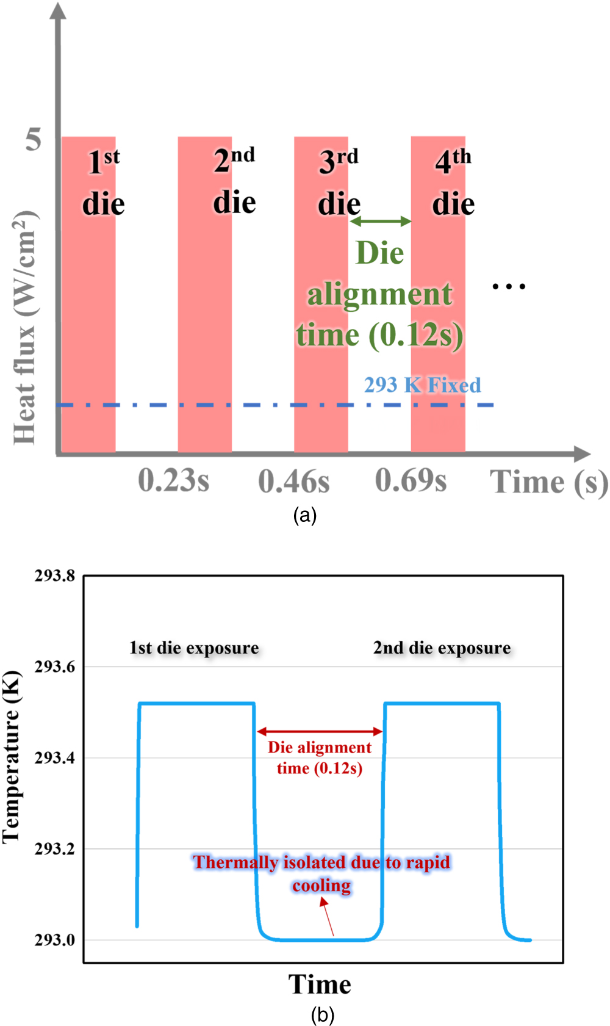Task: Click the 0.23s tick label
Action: (173, 480)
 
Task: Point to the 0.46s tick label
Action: (293, 481)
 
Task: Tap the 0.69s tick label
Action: (411, 480)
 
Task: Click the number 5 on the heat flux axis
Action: (34, 139)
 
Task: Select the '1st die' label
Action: (104, 183)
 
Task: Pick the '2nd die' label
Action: (234, 181)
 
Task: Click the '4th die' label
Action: (453, 183)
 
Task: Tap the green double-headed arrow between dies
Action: (381, 221)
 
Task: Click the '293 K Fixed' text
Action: (422, 385)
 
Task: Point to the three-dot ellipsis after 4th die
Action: (509, 286)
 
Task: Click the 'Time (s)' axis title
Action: (548, 482)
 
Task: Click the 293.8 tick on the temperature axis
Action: (55, 576)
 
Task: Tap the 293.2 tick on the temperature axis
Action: (55, 848)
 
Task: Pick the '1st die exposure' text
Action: (194, 648)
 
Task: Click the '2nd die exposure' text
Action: (442, 648)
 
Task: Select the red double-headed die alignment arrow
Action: (320, 731)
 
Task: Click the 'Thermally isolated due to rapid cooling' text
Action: (321, 873)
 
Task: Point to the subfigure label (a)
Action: (304, 515)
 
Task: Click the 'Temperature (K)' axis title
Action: (12, 757)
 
